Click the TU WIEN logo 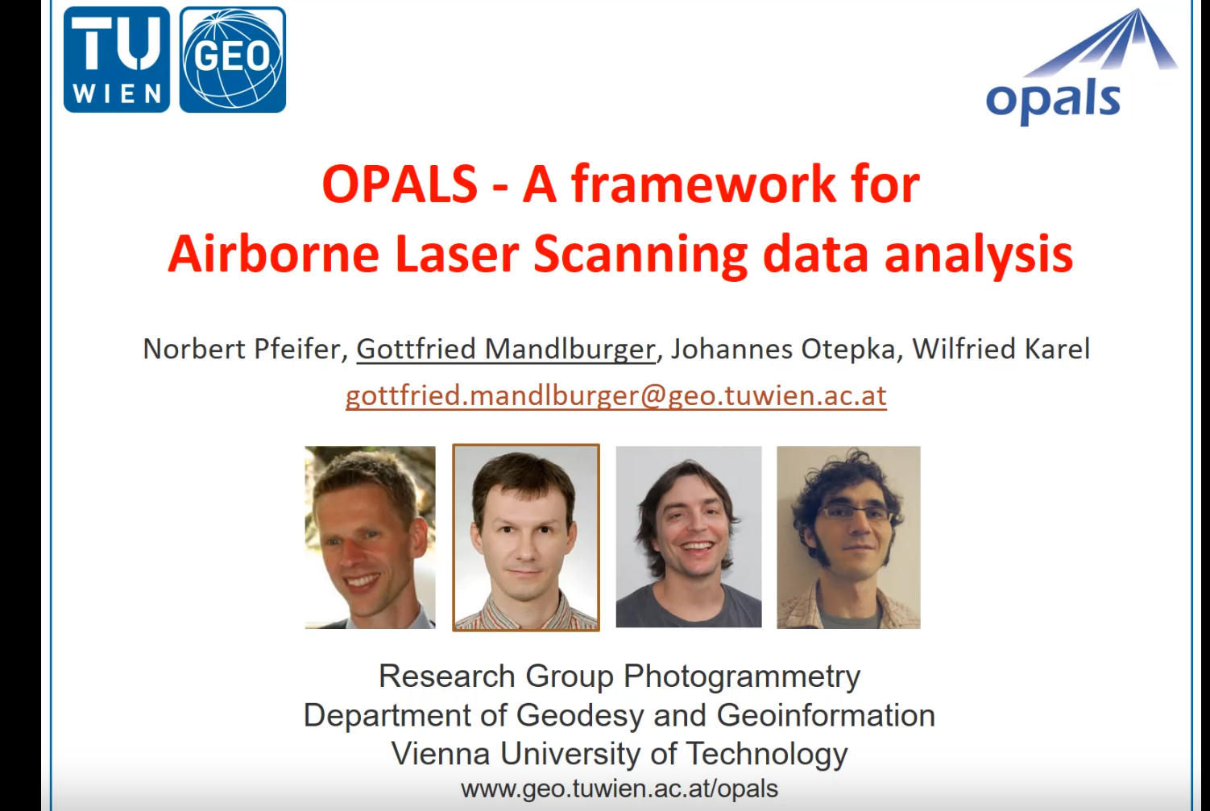pyautogui.click(x=117, y=60)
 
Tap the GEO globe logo pyautogui.click(x=233, y=60)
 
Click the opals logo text pyautogui.click(x=1053, y=101)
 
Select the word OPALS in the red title pyautogui.click(x=400, y=184)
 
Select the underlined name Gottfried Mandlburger pyautogui.click(x=506, y=349)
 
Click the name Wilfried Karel pyautogui.click(x=1001, y=349)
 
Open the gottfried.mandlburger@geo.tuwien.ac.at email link pyautogui.click(x=616, y=395)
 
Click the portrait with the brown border pyautogui.click(x=526, y=537)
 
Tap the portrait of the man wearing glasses pyautogui.click(x=848, y=537)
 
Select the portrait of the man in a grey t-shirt pyautogui.click(x=689, y=537)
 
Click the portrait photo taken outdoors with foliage pyautogui.click(x=370, y=537)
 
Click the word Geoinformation pyautogui.click(x=826, y=715)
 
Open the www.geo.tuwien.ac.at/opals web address pyautogui.click(x=620, y=788)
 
